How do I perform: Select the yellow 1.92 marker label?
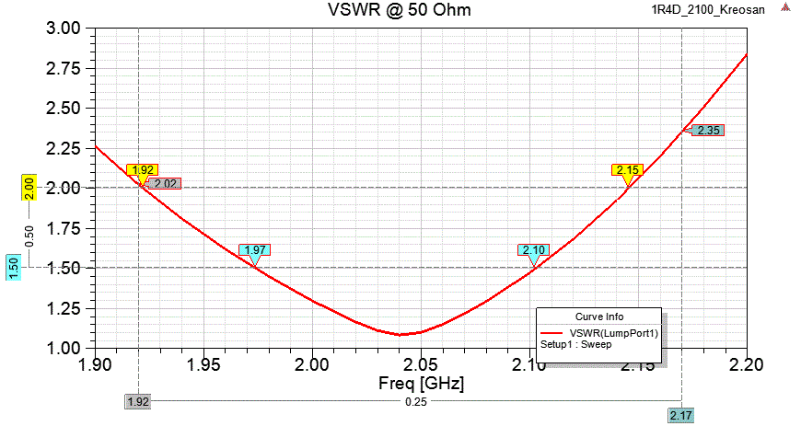pyautogui.click(x=143, y=170)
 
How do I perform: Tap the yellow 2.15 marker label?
pyautogui.click(x=628, y=170)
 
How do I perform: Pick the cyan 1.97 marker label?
pyautogui.click(x=254, y=250)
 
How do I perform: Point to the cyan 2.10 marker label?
pyautogui.click(x=534, y=250)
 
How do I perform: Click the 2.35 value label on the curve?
pyautogui.click(x=708, y=131)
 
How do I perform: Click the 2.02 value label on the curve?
pyautogui.click(x=166, y=184)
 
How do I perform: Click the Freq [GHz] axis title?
pyautogui.click(x=421, y=382)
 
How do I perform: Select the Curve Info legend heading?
pyautogui.click(x=598, y=317)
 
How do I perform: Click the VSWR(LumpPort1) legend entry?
pyautogui.click(x=613, y=333)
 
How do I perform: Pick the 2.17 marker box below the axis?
pyautogui.click(x=681, y=416)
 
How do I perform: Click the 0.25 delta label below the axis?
pyautogui.click(x=410, y=402)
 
